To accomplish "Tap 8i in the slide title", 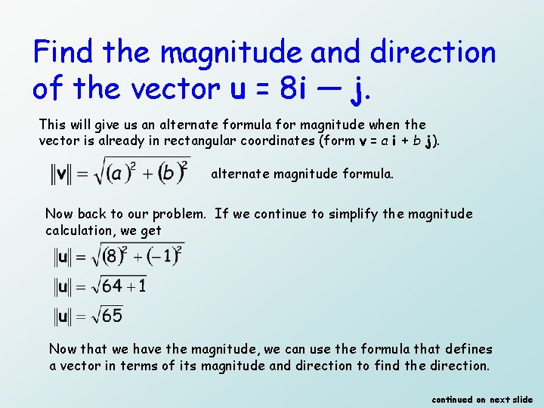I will point(292,90).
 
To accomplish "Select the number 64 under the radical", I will point(112,286).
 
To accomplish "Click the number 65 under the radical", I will point(112,315).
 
